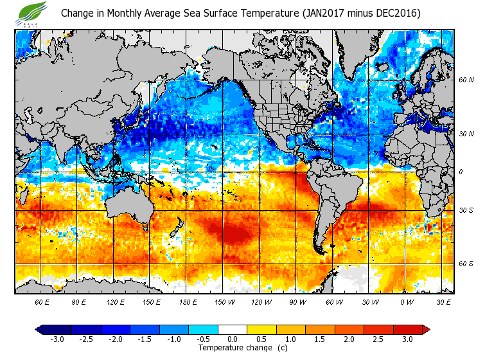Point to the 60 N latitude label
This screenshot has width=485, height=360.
466,80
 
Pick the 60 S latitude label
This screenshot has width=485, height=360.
466,263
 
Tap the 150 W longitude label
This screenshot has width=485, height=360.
224,302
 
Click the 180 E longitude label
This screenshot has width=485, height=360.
188,302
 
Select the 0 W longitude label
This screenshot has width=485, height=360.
406,302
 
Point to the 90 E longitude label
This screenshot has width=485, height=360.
79,302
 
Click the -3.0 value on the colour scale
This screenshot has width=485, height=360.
57,339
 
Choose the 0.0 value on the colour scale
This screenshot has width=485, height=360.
233,339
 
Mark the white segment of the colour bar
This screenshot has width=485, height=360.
233,330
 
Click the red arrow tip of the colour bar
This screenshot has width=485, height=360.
425,330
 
